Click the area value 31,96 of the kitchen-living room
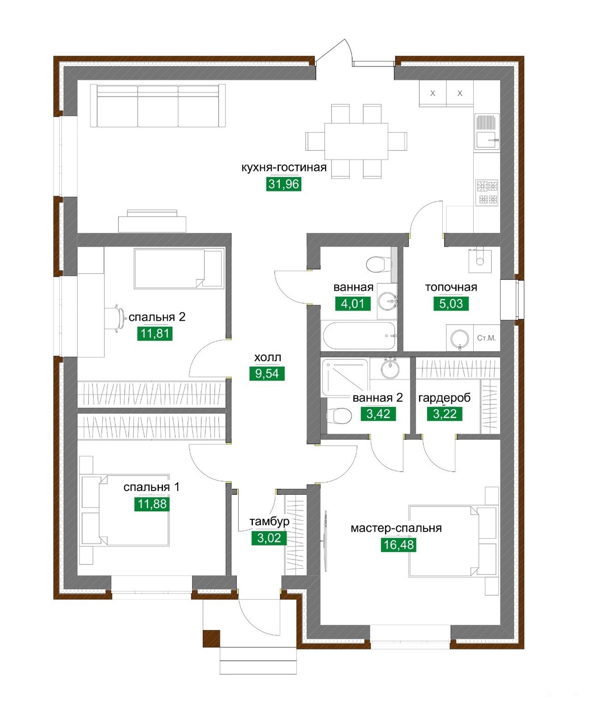[x=283, y=184]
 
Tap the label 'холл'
[x=267, y=358]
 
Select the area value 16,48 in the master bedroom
[x=398, y=545]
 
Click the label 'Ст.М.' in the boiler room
[x=486, y=338]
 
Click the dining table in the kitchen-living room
[x=356, y=141]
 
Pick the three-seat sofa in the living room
[x=158, y=106]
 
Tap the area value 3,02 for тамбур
[x=269, y=538]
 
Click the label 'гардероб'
[x=445, y=398]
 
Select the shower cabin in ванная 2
[x=345, y=377]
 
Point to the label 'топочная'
[x=451, y=287]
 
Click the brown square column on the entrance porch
[x=211, y=638]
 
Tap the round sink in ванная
[x=388, y=301]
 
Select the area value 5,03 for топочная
[x=451, y=304]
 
